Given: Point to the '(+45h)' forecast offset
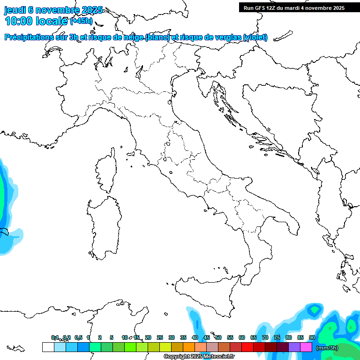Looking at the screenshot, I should tap(81, 21).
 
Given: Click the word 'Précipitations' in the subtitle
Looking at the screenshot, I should tap(31, 37).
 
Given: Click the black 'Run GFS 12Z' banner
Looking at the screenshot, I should tap(293, 7).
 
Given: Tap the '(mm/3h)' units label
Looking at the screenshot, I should tap(327, 348).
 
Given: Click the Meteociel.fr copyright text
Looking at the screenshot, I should tap(199, 357).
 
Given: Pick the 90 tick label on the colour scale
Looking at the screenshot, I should tap(312, 337).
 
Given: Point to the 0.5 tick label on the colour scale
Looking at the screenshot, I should tap(78, 337).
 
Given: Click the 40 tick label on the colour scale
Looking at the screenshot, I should tap(195, 337).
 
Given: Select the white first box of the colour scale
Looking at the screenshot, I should tap(48, 347).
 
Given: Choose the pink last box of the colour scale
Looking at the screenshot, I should tap(306, 347).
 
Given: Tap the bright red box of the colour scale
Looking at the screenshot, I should tap(247, 347).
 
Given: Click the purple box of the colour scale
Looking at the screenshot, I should tap(294, 347).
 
